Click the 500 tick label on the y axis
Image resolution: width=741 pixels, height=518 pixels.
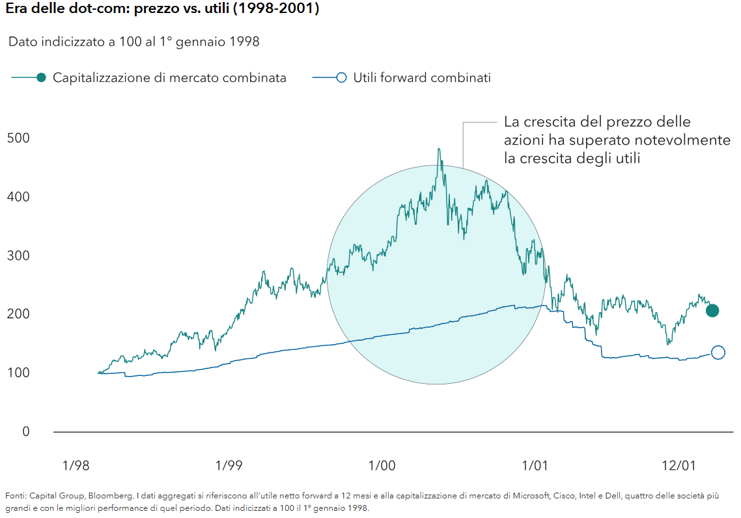[18, 138]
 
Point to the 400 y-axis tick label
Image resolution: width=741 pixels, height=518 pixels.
[18, 197]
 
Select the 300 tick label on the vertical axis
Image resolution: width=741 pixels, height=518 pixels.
[18, 255]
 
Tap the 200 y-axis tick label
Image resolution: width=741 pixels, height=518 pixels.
[18, 314]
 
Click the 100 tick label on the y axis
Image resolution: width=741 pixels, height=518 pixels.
[18, 373]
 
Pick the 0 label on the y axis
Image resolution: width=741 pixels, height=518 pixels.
[25, 431]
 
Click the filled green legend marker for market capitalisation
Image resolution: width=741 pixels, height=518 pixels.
[41, 78]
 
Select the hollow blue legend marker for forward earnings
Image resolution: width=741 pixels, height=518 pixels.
[341, 78]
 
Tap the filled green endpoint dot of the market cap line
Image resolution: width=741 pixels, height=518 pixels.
[712, 311]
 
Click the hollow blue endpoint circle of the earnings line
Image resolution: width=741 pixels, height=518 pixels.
[718, 353]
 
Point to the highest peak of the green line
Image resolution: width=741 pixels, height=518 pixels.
[439, 149]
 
